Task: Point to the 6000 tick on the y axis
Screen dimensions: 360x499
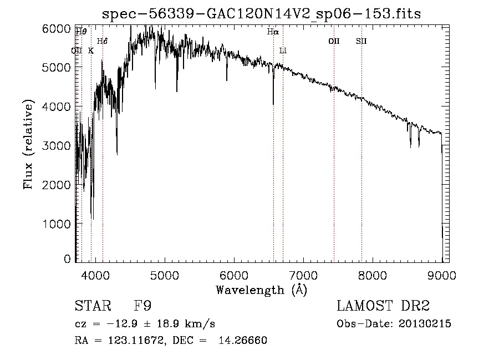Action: coord(58,29)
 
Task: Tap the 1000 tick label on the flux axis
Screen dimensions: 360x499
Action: coord(58,224)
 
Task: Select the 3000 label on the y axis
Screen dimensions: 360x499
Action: coord(58,145)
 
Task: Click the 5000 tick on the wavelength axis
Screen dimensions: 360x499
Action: coord(164,275)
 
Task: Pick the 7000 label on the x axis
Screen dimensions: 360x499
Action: coord(303,275)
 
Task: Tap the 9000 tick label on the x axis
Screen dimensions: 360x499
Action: coord(442,275)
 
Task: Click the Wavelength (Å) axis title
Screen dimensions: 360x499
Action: coord(261,290)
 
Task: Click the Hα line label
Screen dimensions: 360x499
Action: coord(272,32)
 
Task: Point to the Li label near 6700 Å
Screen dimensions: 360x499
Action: coord(283,50)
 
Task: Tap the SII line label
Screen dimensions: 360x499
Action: coord(361,41)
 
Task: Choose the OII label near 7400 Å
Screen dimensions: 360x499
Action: coord(334,41)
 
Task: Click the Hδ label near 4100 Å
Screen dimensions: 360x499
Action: coord(102,41)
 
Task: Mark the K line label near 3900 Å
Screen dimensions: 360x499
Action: coord(91,50)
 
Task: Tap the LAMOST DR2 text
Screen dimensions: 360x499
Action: coord(383,306)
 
